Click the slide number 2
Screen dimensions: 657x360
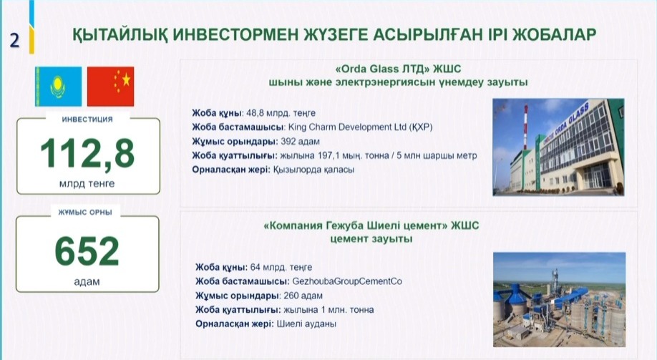point(14,41)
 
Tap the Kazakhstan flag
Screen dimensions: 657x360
point(58,87)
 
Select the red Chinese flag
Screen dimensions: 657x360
point(111,87)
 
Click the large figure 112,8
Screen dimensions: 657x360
point(87,153)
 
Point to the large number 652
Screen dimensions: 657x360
point(87,251)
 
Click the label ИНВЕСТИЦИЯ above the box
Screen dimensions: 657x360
point(87,120)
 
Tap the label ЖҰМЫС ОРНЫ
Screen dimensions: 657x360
point(85,213)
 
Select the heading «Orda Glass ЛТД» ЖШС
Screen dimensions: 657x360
point(398,69)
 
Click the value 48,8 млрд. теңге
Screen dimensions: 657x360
point(281,113)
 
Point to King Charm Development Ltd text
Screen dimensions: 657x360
point(347,127)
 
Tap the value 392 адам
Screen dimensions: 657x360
point(300,141)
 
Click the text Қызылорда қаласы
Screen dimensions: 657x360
point(314,170)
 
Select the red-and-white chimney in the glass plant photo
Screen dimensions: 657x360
point(525,127)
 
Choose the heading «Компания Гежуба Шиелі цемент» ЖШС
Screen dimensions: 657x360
point(371,226)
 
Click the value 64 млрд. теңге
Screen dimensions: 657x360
point(281,268)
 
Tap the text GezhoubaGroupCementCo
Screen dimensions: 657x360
point(347,281)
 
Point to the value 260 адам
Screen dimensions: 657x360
point(303,296)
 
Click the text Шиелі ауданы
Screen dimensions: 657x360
point(306,324)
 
